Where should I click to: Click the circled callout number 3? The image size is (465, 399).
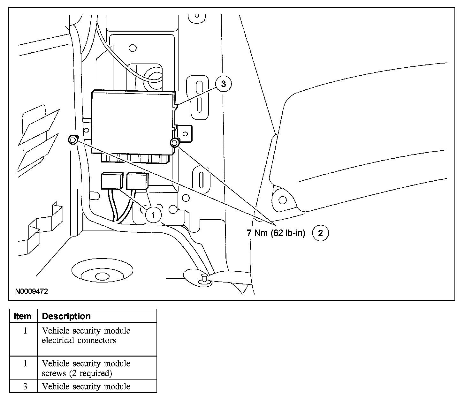(x=223, y=84)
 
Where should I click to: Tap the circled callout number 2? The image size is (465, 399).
(x=320, y=233)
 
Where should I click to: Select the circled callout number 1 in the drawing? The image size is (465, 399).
(x=153, y=215)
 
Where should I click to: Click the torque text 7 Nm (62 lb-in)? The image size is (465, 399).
(x=276, y=233)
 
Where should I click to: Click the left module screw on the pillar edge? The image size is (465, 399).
(x=72, y=139)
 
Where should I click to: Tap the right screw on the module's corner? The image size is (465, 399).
(x=175, y=143)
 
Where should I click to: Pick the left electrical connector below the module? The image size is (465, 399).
(x=112, y=181)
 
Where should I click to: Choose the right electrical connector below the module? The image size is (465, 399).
(x=137, y=182)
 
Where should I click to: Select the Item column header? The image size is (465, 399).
(x=23, y=316)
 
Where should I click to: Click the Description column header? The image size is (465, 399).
(x=66, y=316)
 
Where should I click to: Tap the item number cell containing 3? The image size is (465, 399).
(x=25, y=386)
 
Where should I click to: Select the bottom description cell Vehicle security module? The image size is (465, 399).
(x=86, y=386)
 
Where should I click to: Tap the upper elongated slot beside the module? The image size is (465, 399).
(x=199, y=96)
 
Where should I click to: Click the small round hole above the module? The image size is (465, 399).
(x=133, y=49)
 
